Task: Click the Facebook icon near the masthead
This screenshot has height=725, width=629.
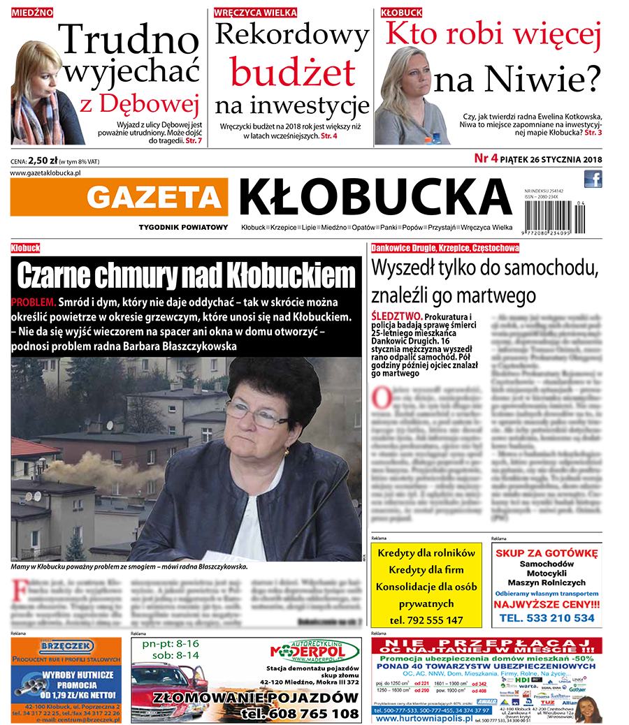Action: tap(593, 180)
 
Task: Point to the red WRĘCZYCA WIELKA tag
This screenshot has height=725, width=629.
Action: tap(256, 13)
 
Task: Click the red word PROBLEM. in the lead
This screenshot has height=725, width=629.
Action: tap(34, 302)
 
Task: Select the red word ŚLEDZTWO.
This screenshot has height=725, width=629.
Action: tap(396, 316)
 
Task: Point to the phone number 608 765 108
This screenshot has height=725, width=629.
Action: tap(300, 713)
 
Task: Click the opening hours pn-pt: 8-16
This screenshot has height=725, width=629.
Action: tap(171, 643)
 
